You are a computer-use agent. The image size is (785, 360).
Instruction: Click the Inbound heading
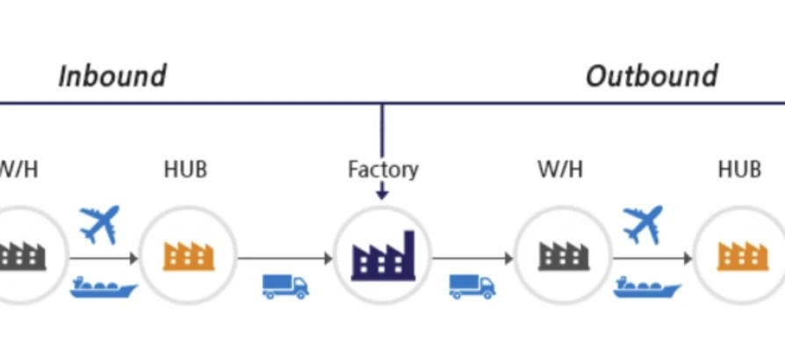click(112, 76)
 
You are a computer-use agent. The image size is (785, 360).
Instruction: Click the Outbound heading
click(652, 76)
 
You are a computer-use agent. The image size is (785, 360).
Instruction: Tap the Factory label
click(383, 169)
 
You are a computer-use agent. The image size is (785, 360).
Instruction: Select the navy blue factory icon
click(383, 256)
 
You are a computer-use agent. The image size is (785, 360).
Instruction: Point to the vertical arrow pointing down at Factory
click(382, 149)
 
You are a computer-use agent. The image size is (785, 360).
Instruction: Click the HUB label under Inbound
click(185, 169)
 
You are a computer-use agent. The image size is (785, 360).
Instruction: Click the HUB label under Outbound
click(738, 169)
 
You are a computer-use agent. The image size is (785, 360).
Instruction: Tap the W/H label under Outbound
click(560, 169)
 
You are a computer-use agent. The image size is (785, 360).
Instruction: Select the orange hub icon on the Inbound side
click(188, 256)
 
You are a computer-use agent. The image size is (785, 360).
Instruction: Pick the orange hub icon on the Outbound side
click(743, 256)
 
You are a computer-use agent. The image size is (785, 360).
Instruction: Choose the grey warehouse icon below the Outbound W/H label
click(563, 256)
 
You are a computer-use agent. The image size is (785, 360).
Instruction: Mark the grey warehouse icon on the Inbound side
click(22, 256)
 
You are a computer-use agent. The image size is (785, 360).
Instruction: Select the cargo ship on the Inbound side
click(103, 286)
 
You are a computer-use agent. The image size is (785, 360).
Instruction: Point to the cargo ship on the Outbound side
click(647, 286)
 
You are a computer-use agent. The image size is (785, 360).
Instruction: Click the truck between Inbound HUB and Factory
click(285, 285)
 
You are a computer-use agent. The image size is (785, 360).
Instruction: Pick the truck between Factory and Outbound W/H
click(472, 285)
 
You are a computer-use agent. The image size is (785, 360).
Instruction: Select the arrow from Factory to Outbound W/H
click(472, 258)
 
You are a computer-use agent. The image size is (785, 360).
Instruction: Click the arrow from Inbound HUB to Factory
click(285, 258)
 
